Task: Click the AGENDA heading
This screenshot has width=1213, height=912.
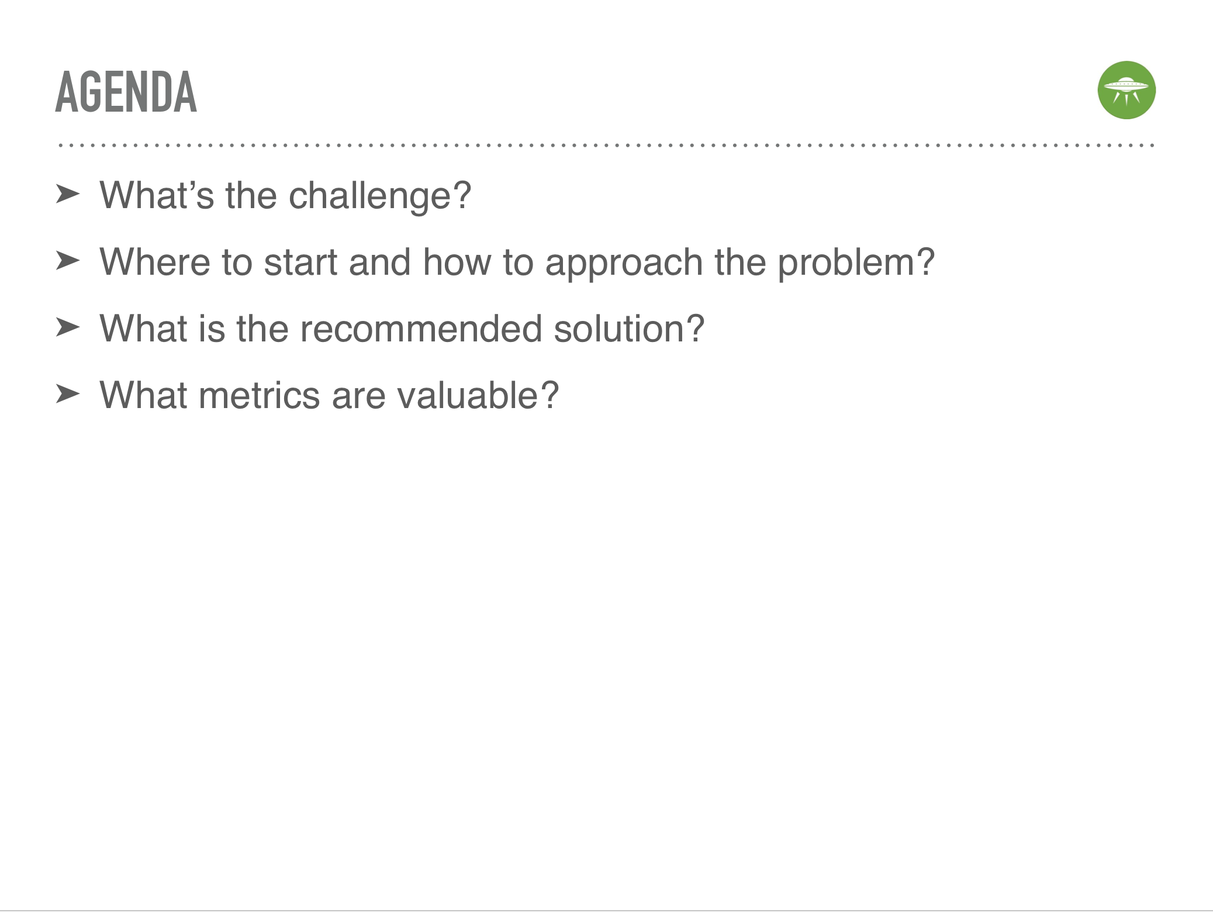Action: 126,92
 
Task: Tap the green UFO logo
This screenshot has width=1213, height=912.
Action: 1126,90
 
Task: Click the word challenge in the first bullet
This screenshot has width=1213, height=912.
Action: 380,196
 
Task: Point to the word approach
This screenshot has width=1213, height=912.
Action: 624,263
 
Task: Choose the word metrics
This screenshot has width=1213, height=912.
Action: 260,395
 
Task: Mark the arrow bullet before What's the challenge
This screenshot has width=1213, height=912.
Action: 68,194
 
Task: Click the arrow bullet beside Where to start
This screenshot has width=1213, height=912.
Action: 68,261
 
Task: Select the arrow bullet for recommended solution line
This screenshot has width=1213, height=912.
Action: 68,327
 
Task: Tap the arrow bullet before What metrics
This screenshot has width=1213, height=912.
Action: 68,394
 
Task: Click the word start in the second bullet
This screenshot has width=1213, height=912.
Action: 300,262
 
